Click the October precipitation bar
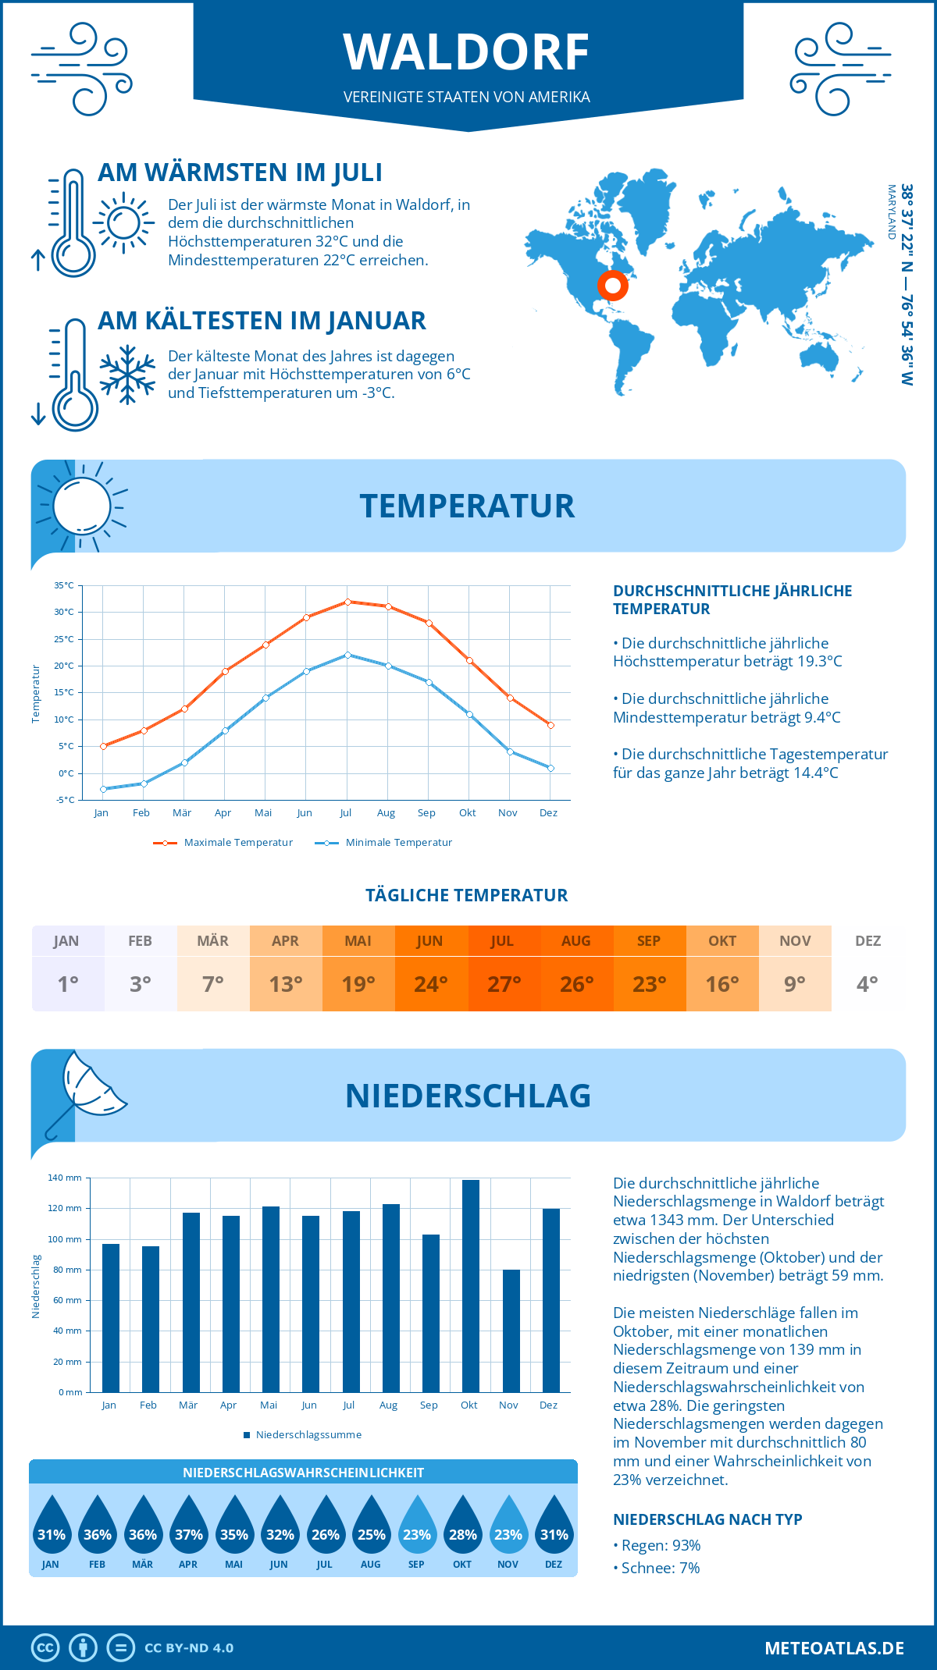470,1286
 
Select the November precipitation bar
511,1331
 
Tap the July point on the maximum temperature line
347,602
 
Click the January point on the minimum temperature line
103,789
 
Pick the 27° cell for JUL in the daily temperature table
504,984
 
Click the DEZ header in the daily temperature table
868,941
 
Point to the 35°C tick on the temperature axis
64,585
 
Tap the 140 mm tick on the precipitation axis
65,1178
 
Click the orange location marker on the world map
613,286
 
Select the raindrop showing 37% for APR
189,1527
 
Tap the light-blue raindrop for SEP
417,1527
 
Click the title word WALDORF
466,52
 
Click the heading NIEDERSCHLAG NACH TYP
707,1519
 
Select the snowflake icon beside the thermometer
127,375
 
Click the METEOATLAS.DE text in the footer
834,1648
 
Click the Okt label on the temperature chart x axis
467,813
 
